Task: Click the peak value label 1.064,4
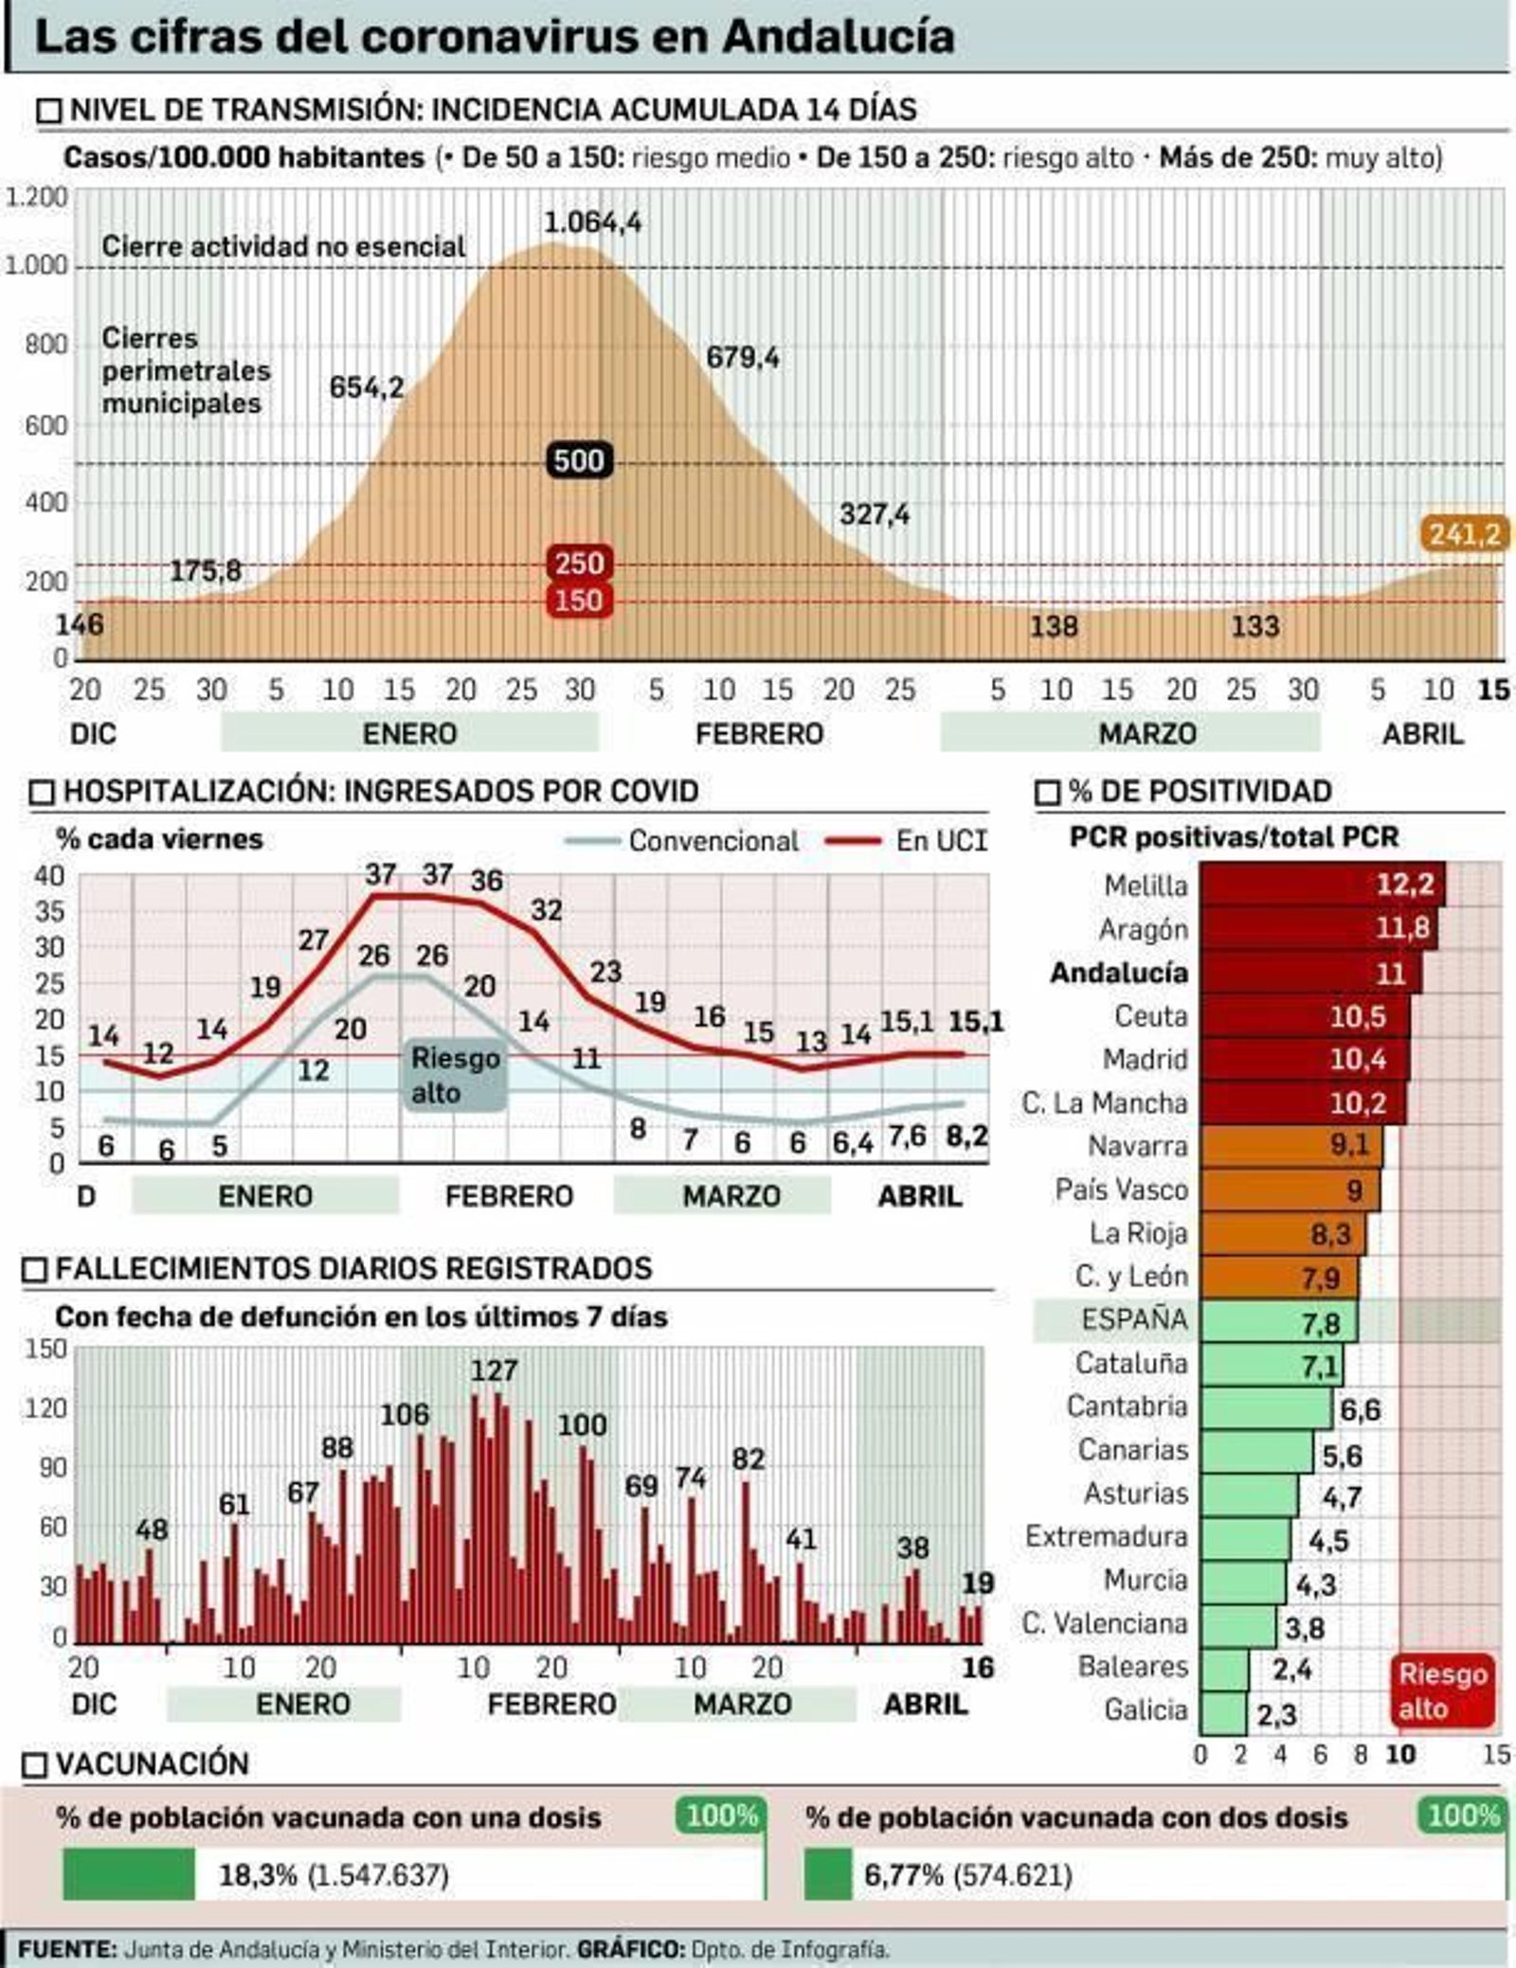pos(592,223)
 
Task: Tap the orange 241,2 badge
pos(1465,534)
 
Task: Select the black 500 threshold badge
pos(579,461)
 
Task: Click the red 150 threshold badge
pos(578,600)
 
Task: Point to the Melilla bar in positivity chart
pos(1322,885)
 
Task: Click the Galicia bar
pos(1223,1712)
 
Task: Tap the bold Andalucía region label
pos(1118,973)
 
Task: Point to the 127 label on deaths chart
pos(494,1370)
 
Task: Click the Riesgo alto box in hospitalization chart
pos(455,1075)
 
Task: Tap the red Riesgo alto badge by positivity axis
pos(1442,1691)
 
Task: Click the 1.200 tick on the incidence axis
pos(37,198)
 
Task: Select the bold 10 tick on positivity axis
pos(1400,1755)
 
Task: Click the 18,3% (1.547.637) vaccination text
pos(334,1874)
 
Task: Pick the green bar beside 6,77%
pos(827,1874)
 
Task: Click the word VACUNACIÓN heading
pos(152,1763)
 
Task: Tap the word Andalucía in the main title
pos(838,37)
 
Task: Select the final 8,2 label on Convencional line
pos(966,1135)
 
